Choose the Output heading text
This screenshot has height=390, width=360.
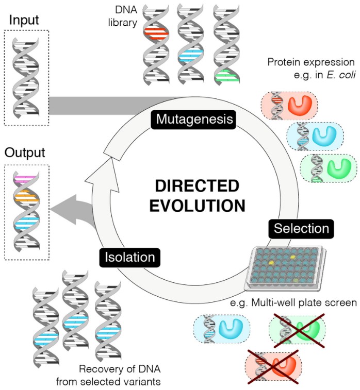coord(25,153)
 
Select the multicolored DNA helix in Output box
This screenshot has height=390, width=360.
coord(26,211)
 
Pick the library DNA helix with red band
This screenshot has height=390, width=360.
coord(156,44)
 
